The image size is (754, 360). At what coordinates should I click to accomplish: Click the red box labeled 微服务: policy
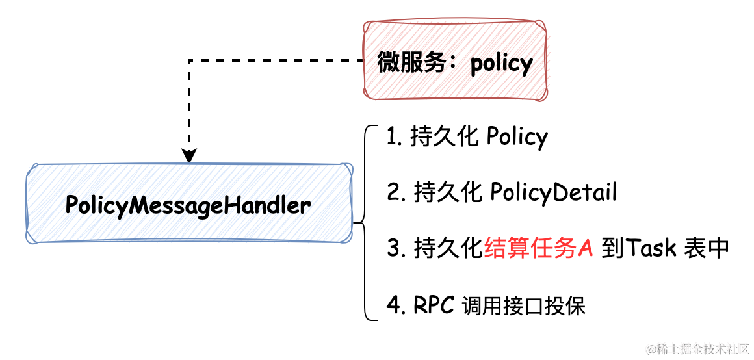point(454,62)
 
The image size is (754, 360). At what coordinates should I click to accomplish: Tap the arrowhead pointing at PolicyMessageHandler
point(188,157)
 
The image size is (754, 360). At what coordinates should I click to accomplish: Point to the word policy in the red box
point(501,64)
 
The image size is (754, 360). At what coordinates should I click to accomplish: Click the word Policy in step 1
point(517,138)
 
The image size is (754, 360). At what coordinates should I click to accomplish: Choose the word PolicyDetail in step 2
point(552,193)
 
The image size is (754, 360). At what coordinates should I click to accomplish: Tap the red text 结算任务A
point(539,249)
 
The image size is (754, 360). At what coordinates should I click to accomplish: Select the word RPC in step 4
point(433,305)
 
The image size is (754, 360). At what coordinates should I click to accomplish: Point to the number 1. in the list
point(395,138)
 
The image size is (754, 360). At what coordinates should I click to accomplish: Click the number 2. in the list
point(396,193)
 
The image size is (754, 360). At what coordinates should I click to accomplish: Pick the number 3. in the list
point(396,249)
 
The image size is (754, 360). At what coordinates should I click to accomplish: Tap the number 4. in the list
point(396,305)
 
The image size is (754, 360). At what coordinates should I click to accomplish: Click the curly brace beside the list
point(363,222)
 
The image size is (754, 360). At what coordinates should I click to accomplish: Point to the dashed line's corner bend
point(188,60)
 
